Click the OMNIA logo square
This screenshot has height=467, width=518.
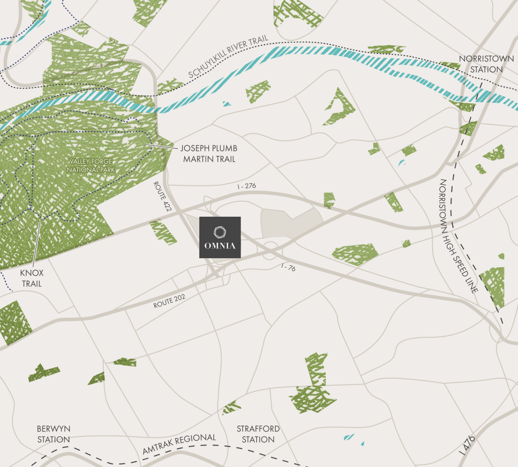(220, 237)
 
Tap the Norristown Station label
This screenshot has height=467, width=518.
(486, 64)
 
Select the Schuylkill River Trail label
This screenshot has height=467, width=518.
(228, 58)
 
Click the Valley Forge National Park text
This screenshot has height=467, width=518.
(91, 165)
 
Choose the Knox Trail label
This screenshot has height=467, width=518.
(31, 278)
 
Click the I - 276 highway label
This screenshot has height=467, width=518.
(247, 186)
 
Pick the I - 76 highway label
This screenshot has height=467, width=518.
(288, 268)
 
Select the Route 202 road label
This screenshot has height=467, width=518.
(170, 301)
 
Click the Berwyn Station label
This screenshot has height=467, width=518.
(53, 434)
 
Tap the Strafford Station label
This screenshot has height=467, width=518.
(258, 434)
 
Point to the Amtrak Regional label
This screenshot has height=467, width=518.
(179, 444)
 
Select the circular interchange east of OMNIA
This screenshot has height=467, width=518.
(271, 248)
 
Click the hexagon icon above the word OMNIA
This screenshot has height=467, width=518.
(220, 232)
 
